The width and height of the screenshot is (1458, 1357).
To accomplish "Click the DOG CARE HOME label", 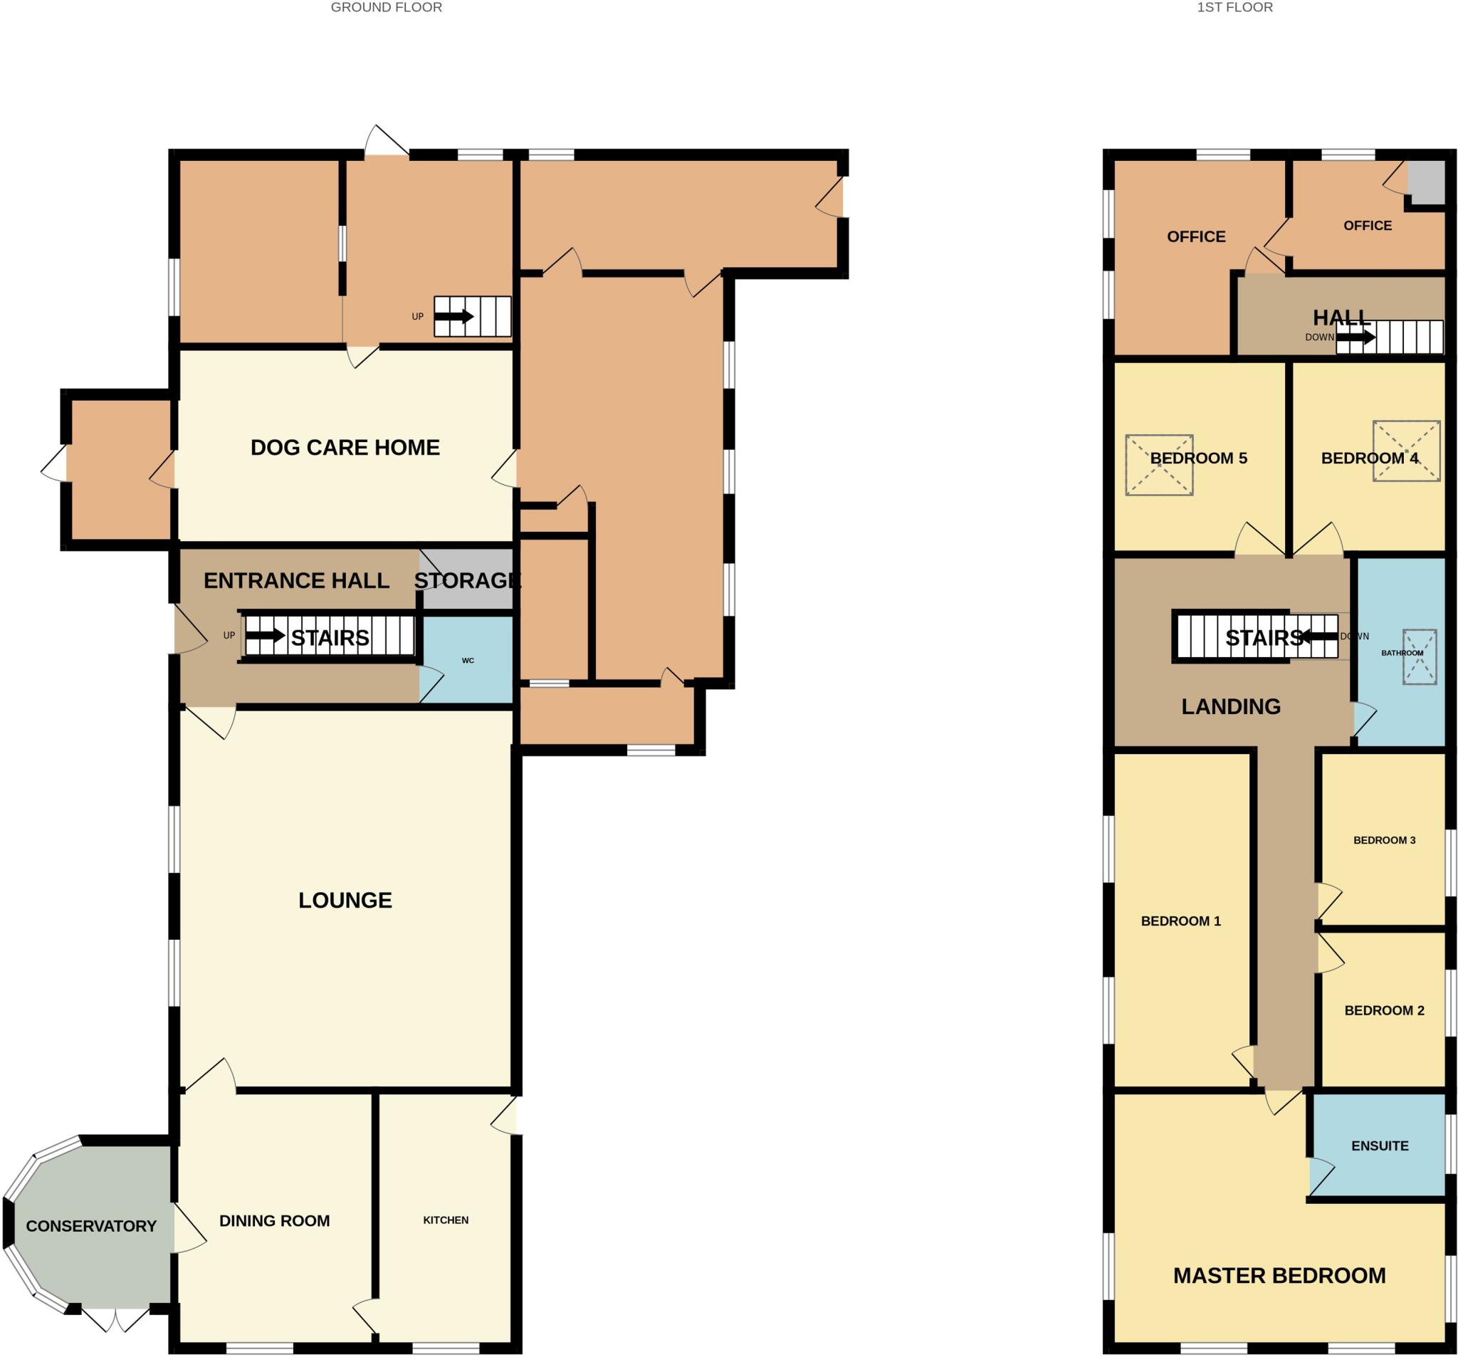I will pos(345,447).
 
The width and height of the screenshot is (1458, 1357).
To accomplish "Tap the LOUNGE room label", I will pos(345,900).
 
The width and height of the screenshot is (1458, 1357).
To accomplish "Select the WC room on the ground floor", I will pos(468,660).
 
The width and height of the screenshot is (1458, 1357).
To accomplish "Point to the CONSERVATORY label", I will pos(91,1226).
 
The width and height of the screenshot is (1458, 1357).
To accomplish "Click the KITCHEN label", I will pos(445,1220).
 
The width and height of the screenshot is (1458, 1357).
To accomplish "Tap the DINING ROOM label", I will pos(274,1220).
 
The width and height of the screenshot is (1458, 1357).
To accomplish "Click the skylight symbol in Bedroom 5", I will pos(1159,465).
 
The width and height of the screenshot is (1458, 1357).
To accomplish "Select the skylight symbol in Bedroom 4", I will pos(1406,451).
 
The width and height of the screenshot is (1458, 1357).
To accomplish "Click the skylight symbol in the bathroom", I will pos(1419,657).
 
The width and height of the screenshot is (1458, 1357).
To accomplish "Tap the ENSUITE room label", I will pos(1380,1146).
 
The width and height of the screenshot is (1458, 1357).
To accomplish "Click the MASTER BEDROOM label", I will pos(1279,1276).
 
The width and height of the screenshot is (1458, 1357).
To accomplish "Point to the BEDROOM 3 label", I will pos(1384,840).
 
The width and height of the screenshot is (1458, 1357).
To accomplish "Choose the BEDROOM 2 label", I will pos(1384,1010).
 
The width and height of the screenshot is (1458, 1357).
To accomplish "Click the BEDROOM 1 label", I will pos(1181,921).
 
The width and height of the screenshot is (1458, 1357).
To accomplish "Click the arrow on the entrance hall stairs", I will pos(265,635).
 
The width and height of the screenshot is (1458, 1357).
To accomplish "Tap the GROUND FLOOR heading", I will pos(386,7).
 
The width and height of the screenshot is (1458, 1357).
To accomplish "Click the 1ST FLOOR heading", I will pos(1235,7).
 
